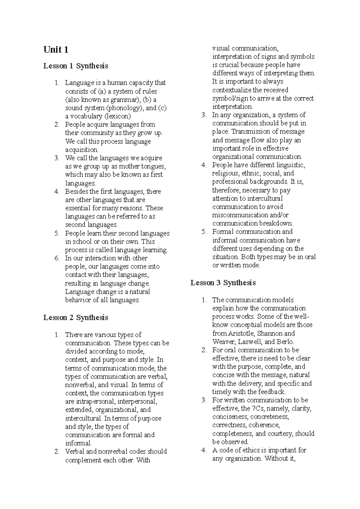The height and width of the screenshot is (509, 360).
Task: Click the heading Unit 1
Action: [x=56, y=50]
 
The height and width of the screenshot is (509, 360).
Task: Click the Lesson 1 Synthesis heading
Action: [x=76, y=66]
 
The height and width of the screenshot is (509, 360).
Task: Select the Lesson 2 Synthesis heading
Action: [x=76, y=318]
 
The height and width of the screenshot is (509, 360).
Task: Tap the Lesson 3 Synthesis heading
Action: [x=223, y=283]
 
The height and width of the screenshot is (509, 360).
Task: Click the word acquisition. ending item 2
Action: [x=82, y=149]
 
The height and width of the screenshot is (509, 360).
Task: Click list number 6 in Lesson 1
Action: [x=57, y=258]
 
